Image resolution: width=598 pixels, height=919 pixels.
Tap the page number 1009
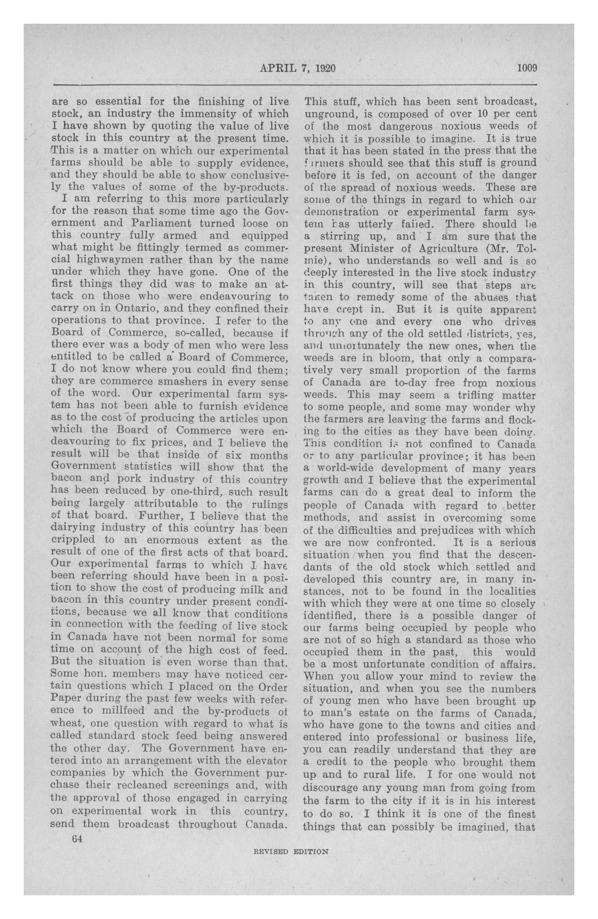[527, 69]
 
